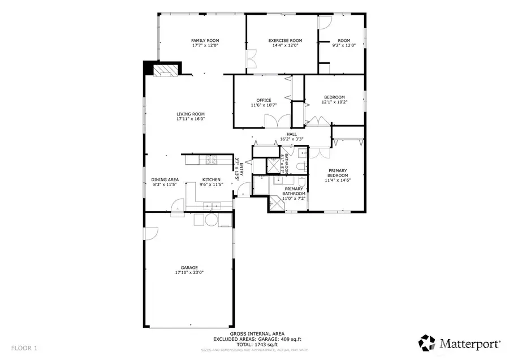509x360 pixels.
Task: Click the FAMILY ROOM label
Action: click(x=205, y=41)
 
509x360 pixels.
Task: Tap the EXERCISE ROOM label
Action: click(x=285, y=41)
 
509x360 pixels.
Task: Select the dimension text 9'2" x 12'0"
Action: click(x=344, y=45)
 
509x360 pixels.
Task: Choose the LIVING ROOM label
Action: click(x=190, y=114)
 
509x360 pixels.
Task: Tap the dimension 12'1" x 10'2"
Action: click(x=333, y=102)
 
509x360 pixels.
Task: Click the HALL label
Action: click(x=292, y=134)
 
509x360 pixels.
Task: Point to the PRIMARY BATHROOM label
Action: click(x=294, y=191)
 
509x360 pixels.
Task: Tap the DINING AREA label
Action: click(x=165, y=179)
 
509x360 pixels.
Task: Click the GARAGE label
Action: click(x=189, y=268)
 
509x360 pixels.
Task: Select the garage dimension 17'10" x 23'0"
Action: click(x=189, y=272)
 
